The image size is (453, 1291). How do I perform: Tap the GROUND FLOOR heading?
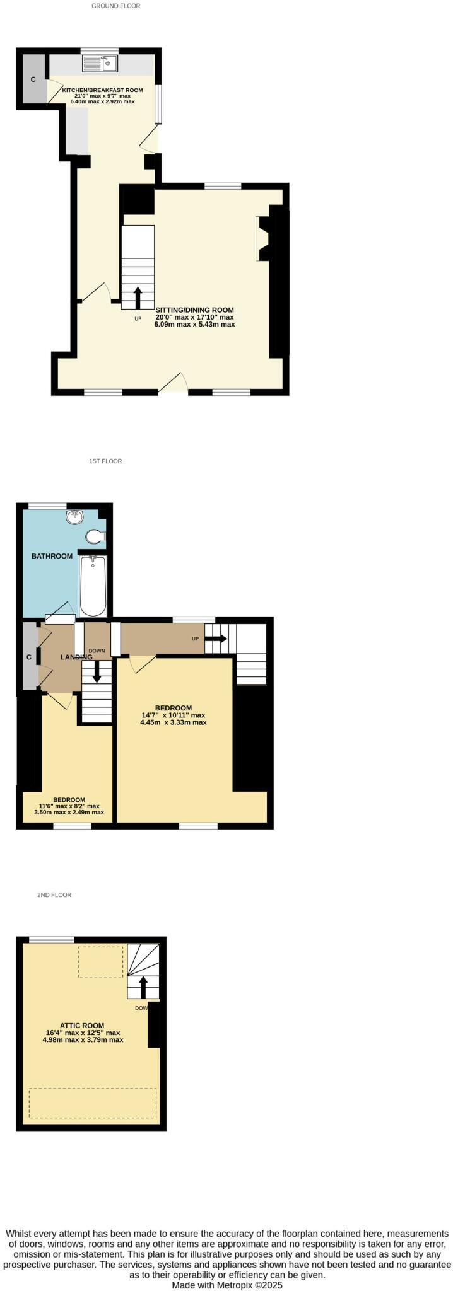pyautogui.click(x=116, y=6)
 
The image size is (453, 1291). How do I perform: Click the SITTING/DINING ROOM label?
pyautogui.click(x=194, y=310)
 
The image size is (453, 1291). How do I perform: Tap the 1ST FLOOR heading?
pyautogui.click(x=105, y=461)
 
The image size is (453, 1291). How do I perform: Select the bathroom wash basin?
pyautogui.click(x=75, y=517)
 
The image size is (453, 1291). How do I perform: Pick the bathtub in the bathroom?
pyautogui.click(x=93, y=586)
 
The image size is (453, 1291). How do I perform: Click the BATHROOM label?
pyautogui.click(x=52, y=556)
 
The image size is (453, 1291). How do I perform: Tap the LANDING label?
pyautogui.click(x=76, y=657)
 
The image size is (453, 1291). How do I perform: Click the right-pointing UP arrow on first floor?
pyautogui.click(x=216, y=639)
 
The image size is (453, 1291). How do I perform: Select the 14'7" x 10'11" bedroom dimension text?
pyautogui.click(x=174, y=715)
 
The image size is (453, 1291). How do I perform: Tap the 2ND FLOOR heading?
pyautogui.click(x=54, y=895)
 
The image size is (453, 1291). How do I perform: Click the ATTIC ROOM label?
pyautogui.click(x=82, y=1026)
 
